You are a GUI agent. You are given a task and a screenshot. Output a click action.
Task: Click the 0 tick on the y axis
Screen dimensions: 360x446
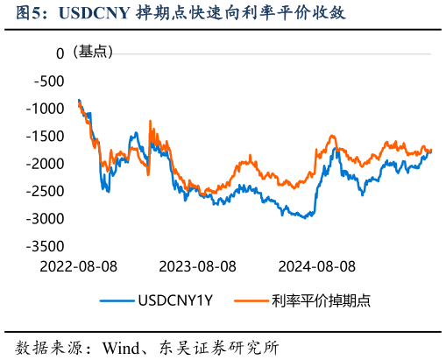60,53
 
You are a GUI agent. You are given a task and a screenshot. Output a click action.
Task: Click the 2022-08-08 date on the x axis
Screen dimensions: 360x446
78,265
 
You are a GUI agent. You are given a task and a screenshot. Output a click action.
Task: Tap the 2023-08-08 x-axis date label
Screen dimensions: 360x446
197,265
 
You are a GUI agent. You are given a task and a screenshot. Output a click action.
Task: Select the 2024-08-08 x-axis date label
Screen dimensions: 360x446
316,265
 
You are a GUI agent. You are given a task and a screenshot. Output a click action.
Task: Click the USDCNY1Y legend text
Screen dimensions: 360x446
175,301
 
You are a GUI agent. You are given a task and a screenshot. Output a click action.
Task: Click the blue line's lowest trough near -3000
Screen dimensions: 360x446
304,217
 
